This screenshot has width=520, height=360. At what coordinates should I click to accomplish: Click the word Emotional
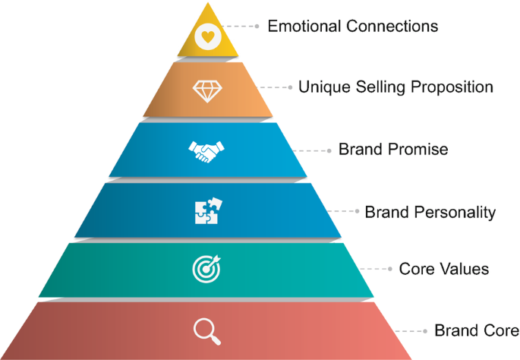pyautogui.click(x=303, y=26)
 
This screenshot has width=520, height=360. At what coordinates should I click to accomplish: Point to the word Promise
pyautogui.click(x=420, y=150)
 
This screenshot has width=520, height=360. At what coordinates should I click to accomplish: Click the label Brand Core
pyautogui.click(x=476, y=330)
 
